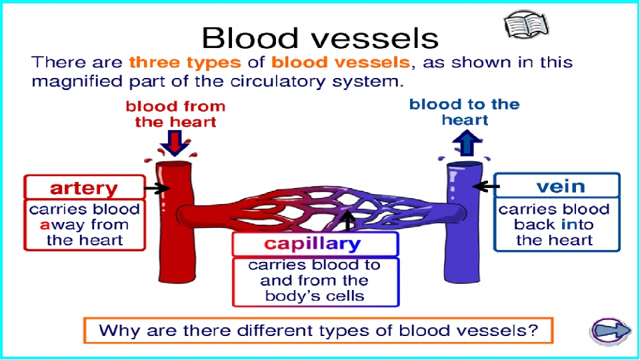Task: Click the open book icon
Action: tap(526, 25)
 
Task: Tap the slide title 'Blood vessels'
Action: tap(320, 39)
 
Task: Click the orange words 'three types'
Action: tap(185, 63)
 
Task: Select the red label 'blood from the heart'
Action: tap(175, 114)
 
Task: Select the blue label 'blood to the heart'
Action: tap(465, 112)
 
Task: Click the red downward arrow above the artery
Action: tap(175, 143)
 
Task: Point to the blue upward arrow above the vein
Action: tap(467, 143)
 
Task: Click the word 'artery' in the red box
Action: tap(84, 188)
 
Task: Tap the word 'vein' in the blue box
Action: tap(561, 186)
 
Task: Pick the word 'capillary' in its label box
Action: tap(312, 244)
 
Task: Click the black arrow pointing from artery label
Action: tap(157, 188)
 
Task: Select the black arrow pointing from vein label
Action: tap(486, 187)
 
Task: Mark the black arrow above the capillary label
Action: tap(347, 221)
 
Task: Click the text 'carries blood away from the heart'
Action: tap(85, 225)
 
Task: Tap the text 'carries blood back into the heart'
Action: tap(554, 225)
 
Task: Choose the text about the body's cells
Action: tap(314, 281)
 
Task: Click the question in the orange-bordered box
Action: tap(319, 330)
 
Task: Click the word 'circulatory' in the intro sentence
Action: tap(277, 81)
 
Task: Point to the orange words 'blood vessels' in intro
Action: tap(341, 63)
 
